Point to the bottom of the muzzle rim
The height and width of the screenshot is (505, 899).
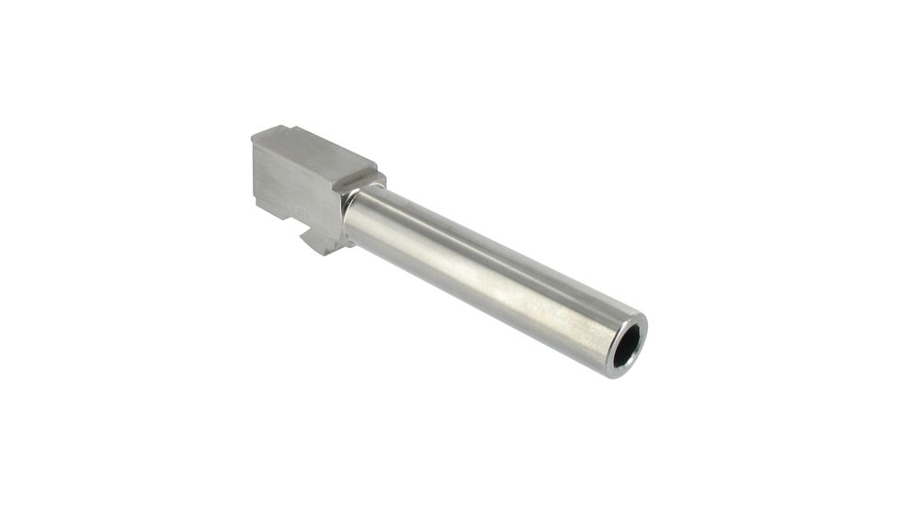pos(619,375)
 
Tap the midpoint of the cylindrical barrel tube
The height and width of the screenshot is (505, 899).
pos(487,275)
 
